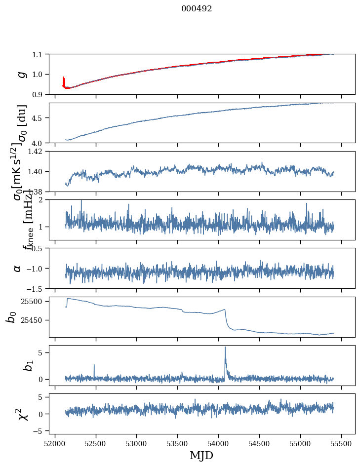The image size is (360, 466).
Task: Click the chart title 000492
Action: pos(197,9)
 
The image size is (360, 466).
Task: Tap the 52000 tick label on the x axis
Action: pos(55,443)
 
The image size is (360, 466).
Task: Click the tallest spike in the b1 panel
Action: pos(225,348)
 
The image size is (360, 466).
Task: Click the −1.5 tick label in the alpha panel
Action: pos(37,288)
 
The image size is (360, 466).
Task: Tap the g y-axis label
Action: pos(21,74)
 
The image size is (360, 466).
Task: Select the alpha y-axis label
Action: pos(18,268)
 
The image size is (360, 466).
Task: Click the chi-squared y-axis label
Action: pos(22,414)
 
